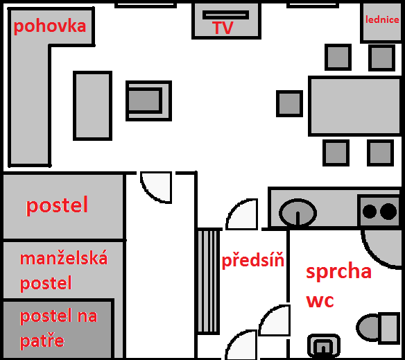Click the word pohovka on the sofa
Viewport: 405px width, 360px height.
click(50, 26)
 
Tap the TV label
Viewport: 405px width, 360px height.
click(223, 28)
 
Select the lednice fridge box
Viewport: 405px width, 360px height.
click(381, 22)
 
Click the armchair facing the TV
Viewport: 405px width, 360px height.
click(148, 101)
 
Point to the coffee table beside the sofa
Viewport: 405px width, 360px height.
click(92, 105)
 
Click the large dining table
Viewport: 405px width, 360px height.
click(355, 106)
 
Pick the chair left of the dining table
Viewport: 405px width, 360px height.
click(289, 103)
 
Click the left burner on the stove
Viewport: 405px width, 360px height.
click(370, 211)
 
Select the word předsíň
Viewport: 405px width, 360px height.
click(253, 261)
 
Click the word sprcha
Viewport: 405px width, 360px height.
click(338, 272)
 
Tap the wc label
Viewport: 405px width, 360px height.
click(320, 301)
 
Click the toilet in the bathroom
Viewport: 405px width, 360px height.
click(378, 327)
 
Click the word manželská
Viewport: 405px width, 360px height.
click(64, 259)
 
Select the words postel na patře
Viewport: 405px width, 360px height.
click(58, 328)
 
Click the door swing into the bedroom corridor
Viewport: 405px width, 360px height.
click(156, 187)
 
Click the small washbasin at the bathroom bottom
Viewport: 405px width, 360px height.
click(324, 346)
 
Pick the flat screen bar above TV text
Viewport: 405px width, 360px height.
click(226, 15)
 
